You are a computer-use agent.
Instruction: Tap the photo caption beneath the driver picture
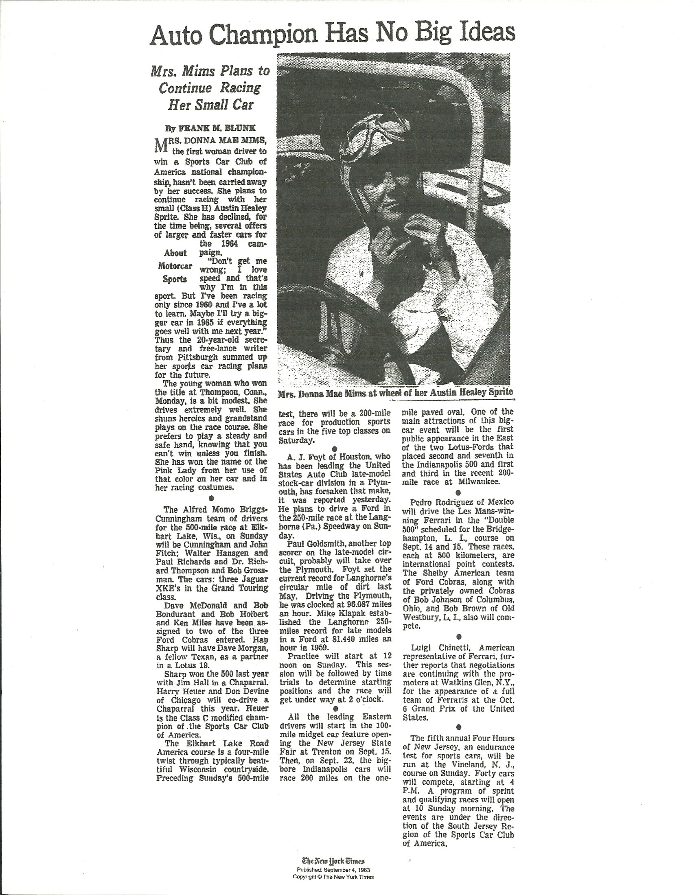[395, 393]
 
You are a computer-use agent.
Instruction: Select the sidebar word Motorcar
[175, 266]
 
